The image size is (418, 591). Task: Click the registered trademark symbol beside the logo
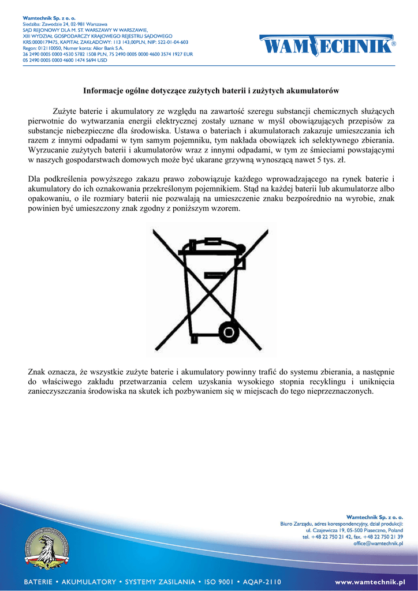tap(394, 43)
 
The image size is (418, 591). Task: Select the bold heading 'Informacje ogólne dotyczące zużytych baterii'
tap(211, 91)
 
